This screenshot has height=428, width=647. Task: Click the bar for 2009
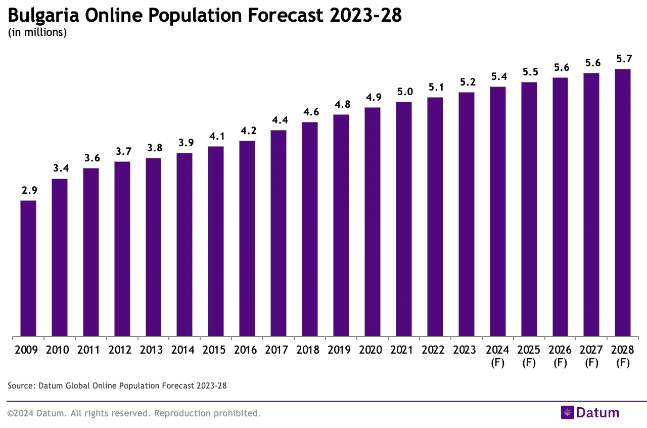pos(28,268)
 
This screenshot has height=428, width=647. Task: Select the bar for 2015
pos(216,241)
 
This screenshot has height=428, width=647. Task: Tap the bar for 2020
pos(373,222)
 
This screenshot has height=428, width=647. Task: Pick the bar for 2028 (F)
pos(623,202)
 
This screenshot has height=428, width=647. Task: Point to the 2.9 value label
pos(29,190)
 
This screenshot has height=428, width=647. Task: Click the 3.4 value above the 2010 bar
pos(60,168)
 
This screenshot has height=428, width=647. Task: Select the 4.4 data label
pos(279,120)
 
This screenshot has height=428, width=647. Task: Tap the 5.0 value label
pos(404,92)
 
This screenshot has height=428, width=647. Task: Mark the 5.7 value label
pos(624,59)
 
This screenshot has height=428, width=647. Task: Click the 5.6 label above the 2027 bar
pos(592,63)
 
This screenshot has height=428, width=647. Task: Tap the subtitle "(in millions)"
pos(37,33)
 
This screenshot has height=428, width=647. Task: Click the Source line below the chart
pos(117,386)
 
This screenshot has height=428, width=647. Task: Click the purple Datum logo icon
pos(567,413)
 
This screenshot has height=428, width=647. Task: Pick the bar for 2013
pos(153,247)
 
